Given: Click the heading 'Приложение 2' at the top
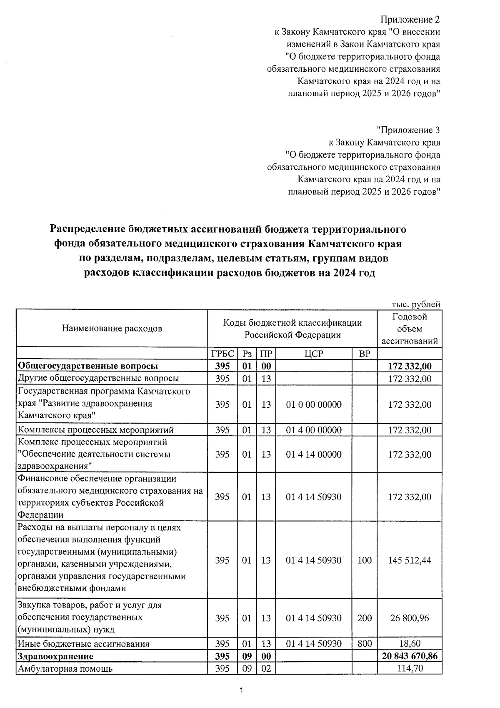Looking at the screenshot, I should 410,20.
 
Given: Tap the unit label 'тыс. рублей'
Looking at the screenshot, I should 415,305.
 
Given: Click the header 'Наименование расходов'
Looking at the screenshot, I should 112,329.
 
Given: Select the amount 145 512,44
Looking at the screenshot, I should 410,560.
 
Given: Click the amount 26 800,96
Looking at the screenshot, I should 410,618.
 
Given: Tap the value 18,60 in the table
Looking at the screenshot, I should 410,644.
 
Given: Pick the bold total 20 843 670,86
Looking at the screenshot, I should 410,656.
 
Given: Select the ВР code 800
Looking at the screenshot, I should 364,644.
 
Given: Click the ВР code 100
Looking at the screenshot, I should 364,560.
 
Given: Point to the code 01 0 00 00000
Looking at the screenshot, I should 314,405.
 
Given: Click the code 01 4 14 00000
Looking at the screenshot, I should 314,454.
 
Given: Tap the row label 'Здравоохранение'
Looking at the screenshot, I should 55,656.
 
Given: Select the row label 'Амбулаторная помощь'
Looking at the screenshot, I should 65,669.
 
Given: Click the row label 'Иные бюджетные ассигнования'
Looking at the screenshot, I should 83,644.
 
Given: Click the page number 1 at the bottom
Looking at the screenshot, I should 241,690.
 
